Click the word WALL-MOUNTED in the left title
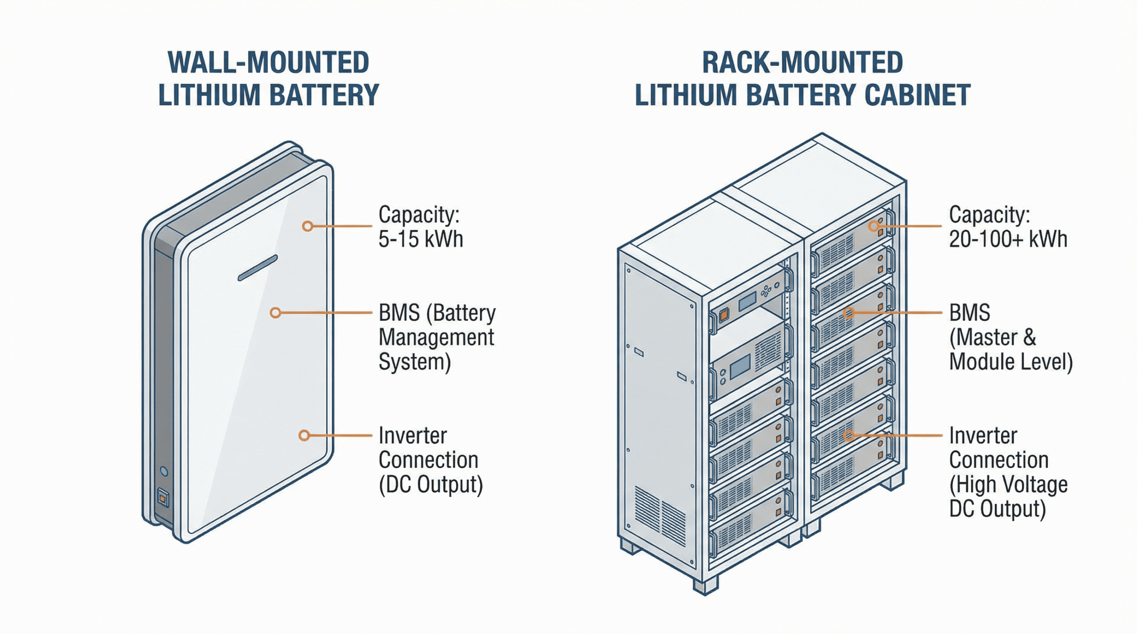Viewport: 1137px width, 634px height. coord(268,63)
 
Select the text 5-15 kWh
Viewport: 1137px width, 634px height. coord(420,239)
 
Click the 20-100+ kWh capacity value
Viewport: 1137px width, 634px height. coord(1008,239)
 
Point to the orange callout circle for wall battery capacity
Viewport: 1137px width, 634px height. coord(307,226)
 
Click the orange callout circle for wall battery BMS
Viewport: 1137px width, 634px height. coord(275,313)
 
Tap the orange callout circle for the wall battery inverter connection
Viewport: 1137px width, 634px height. coord(304,435)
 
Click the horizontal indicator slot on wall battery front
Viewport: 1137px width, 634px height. coord(258,268)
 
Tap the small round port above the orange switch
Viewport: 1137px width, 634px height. coord(164,471)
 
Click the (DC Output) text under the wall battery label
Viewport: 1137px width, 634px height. coord(430,484)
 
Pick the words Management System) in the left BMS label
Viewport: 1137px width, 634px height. coord(436,350)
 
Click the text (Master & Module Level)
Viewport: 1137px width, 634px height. coord(1010,350)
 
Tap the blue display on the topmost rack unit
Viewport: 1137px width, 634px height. coord(747,301)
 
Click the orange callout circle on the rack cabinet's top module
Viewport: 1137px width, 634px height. coord(874,226)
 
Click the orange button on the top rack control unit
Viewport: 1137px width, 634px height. coord(724,314)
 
